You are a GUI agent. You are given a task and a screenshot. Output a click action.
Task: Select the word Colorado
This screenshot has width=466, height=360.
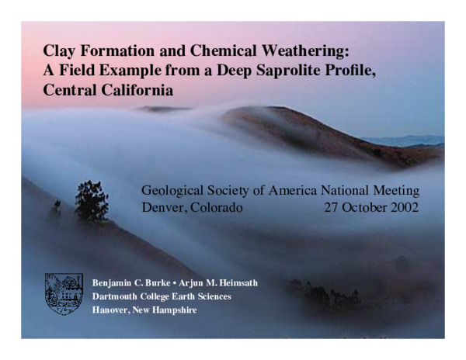point(216,207)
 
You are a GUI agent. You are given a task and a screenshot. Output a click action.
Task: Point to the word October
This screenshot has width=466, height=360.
point(362,207)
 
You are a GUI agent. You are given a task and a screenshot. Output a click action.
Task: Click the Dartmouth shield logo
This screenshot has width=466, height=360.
point(64,293)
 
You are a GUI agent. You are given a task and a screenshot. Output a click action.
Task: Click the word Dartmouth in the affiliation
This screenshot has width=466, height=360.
point(116,296)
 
